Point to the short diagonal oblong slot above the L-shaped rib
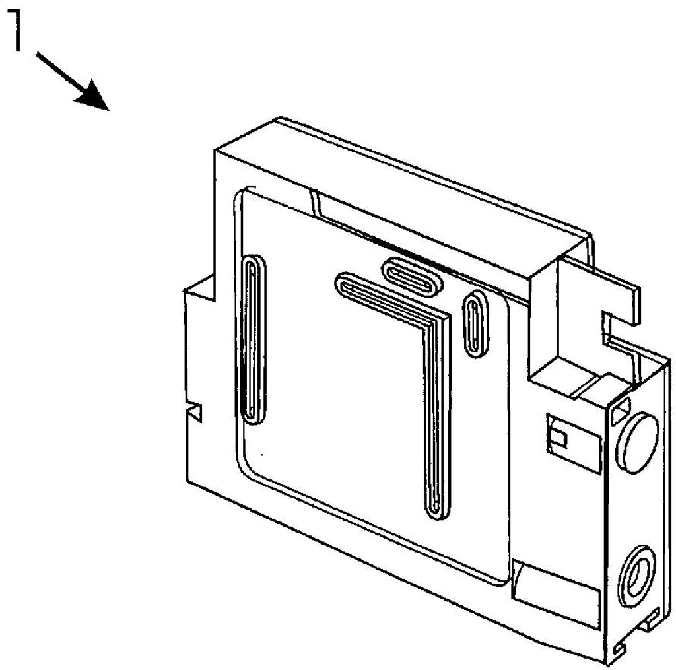coord(413,277)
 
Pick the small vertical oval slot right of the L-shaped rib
coord(475,323)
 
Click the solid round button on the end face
coord(638,442)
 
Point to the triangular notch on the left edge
coord(195,412)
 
